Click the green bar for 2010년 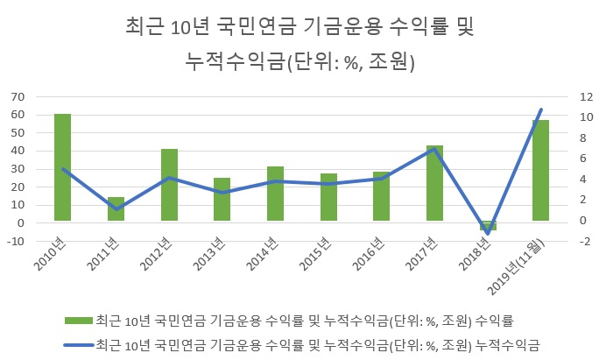[63, 167]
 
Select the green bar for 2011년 [116, 208]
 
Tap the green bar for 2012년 [169, 185]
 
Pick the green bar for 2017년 [434, 183]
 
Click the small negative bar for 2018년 [488, 225]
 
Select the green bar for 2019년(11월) [540, 171]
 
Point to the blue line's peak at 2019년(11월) [540, 109]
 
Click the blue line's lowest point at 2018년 [488, 234]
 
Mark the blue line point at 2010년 [63, 169]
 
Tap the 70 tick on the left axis [18, 96]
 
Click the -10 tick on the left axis [16, 241]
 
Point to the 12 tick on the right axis [587, 96]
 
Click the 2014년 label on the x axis [262, 254]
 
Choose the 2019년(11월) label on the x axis [516, 268]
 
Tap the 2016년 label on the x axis [368, 254]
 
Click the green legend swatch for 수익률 [79, 321]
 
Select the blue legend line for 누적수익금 [79, 345]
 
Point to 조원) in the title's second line [392, 61]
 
